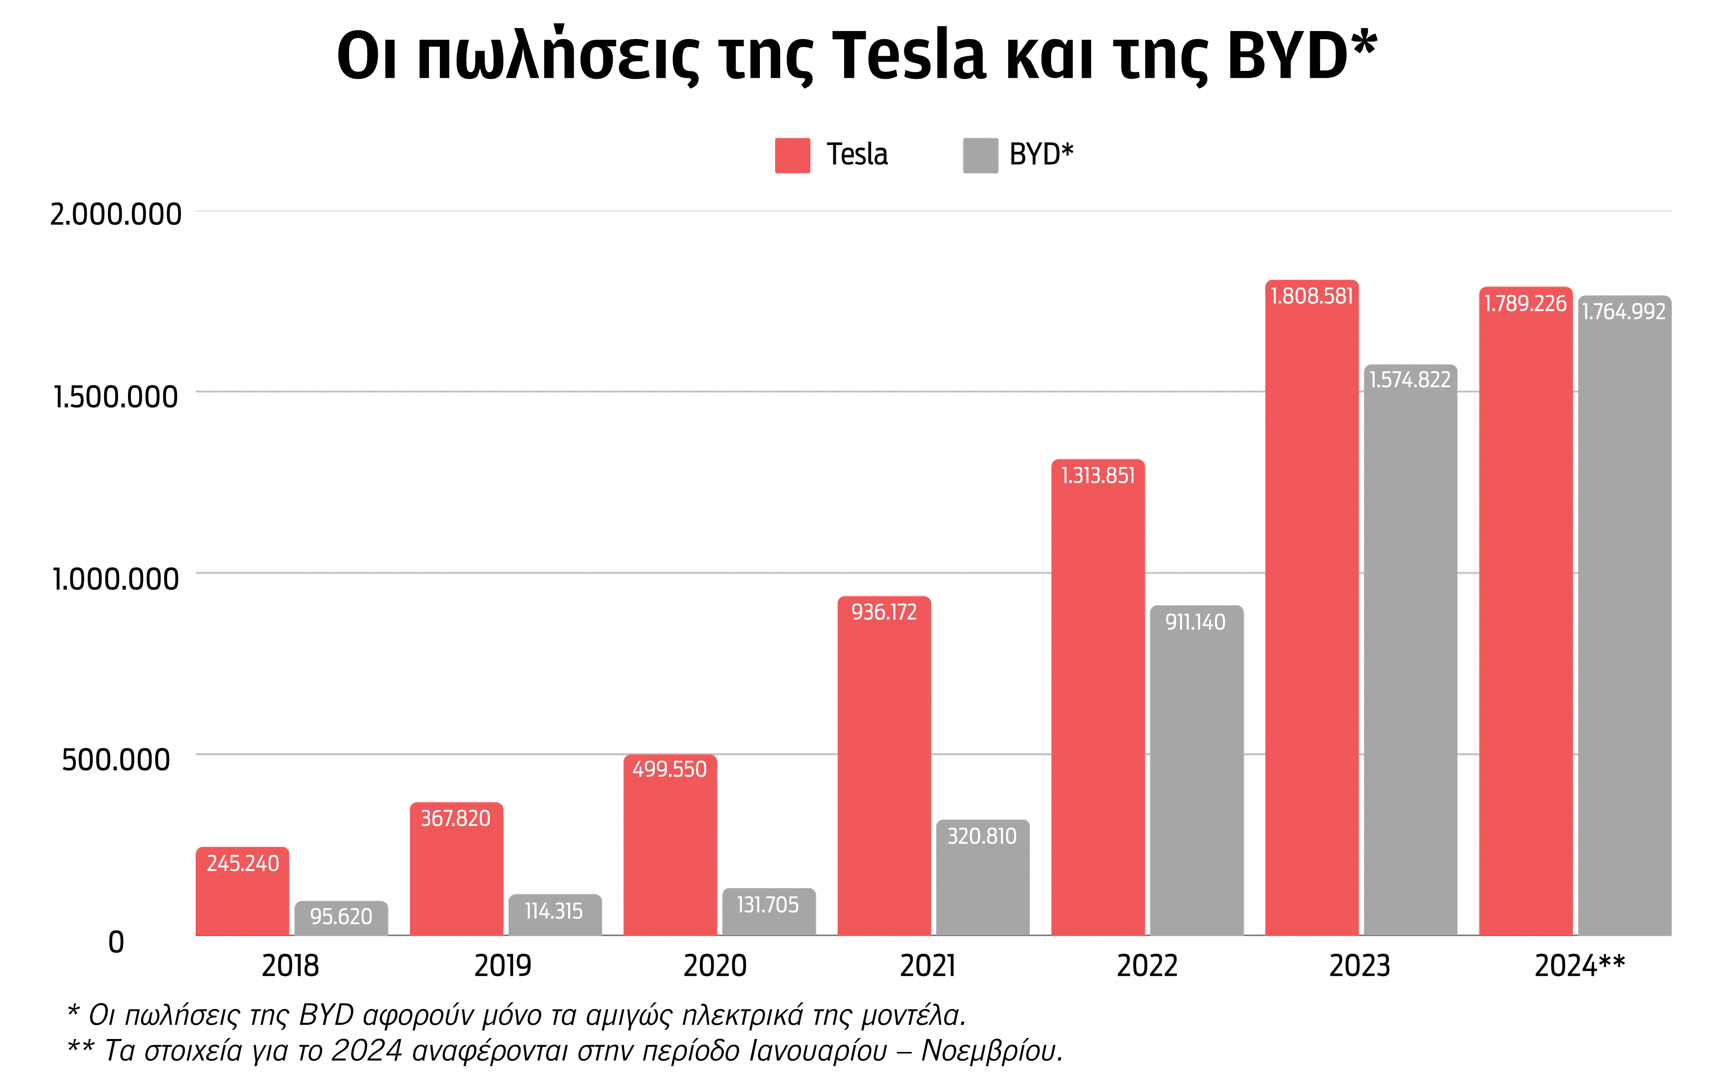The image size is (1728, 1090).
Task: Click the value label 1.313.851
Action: point(1098,475)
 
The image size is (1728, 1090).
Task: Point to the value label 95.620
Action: point(341,916)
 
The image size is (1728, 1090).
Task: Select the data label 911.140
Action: point(1195,622)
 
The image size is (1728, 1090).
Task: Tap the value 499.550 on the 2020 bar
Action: point(670,769)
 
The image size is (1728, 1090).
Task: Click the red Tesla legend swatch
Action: point(792,155)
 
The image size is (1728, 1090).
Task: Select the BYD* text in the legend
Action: point(1041,154)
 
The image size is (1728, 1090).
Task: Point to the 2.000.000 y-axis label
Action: point(115,214)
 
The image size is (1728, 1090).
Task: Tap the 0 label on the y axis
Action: point(115,941)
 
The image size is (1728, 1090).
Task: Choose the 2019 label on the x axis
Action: point(502,966)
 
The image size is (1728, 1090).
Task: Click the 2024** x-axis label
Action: point(1579,966)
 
